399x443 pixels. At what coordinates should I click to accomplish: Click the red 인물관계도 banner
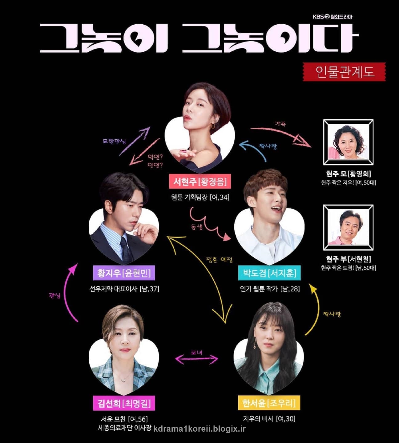click(344, 72)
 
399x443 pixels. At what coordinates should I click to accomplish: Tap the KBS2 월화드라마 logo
click(332, 17)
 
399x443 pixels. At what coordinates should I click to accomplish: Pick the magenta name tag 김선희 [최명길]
click(124, 403)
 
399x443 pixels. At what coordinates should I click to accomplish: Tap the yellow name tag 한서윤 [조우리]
click(269, 403)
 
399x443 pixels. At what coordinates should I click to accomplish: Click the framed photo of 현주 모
click(348, 142)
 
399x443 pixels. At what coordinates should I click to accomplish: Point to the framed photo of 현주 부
click(348, 228)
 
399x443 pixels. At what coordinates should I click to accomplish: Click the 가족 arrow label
click(280, 124)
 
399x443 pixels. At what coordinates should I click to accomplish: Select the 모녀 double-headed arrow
click(196, 359)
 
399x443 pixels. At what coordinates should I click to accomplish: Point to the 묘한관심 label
click(114, 142)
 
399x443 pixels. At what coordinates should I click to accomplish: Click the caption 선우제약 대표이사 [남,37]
click(124, 289)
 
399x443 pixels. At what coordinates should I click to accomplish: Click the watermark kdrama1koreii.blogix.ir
click(199, 429)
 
